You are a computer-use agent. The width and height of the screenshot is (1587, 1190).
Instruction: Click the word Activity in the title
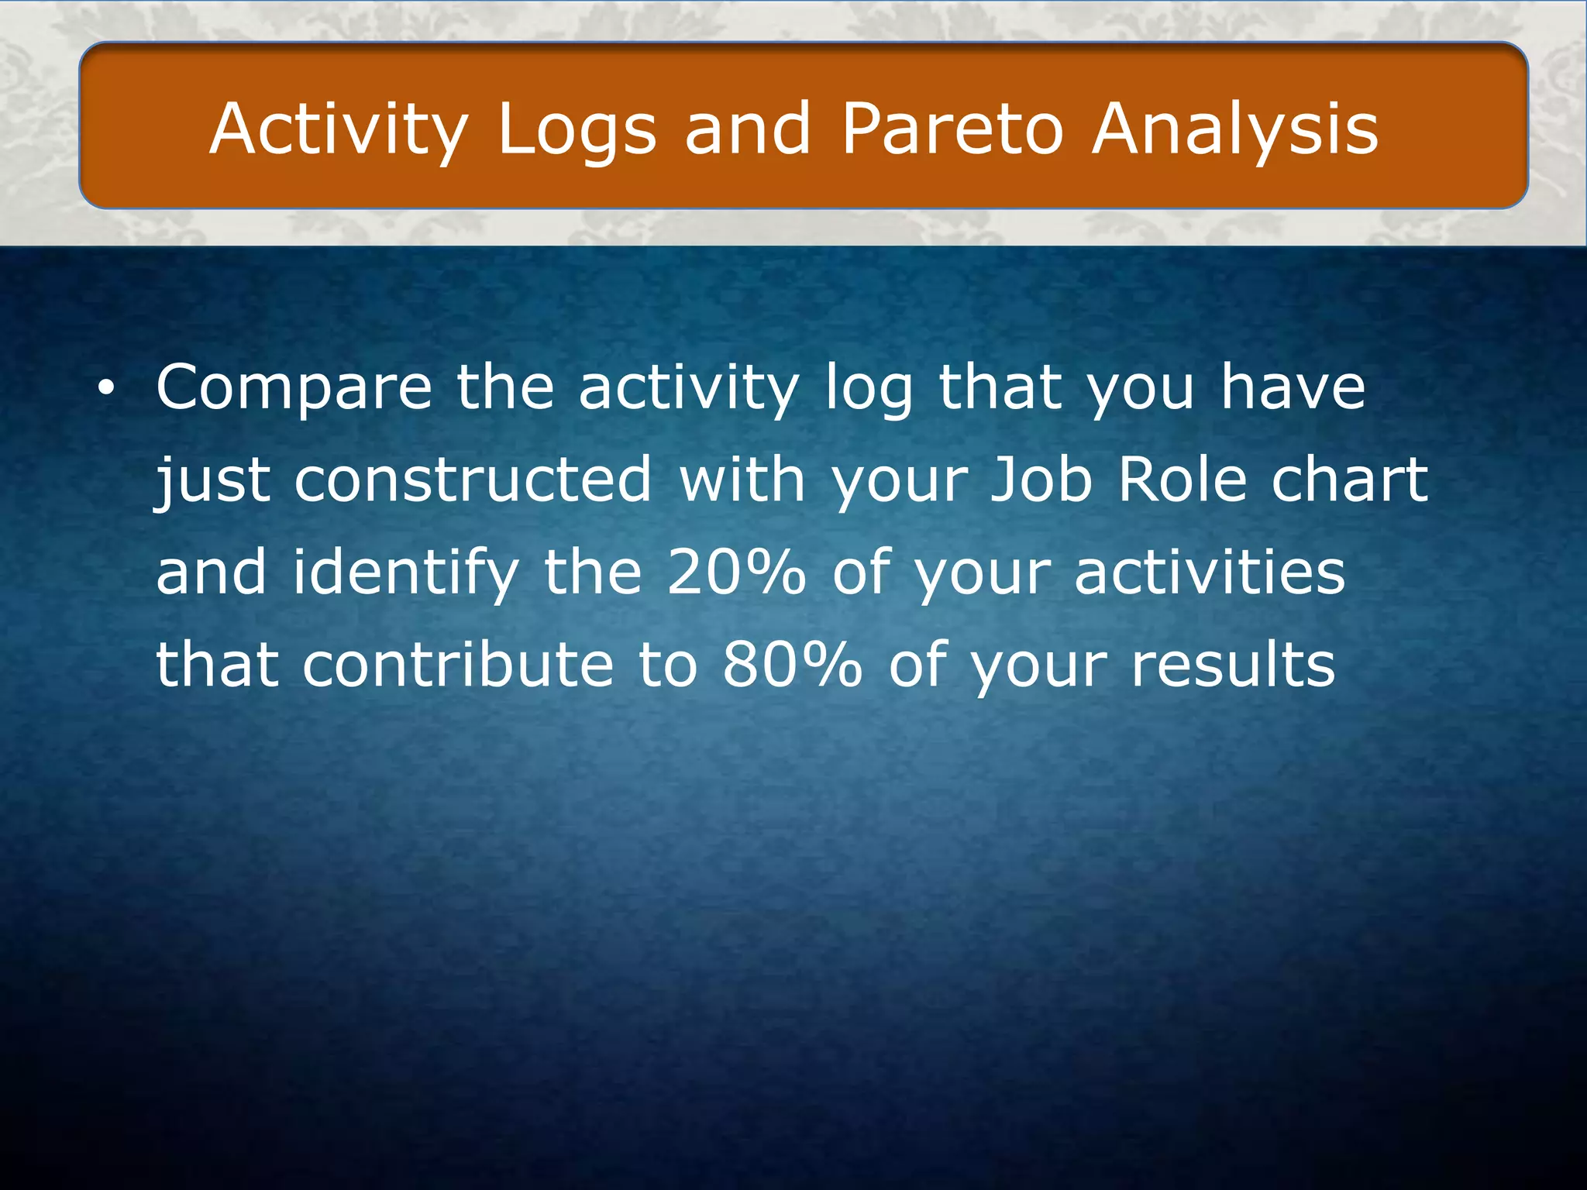339,129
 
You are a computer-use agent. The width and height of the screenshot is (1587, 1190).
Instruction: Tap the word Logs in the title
577,129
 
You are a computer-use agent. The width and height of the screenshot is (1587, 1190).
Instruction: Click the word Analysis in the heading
1235,129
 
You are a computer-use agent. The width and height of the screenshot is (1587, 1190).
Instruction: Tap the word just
213,480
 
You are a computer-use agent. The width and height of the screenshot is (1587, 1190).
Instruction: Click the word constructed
473,480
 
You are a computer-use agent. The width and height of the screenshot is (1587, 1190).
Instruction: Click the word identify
405,573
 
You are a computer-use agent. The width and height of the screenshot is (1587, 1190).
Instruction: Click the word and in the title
748,129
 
